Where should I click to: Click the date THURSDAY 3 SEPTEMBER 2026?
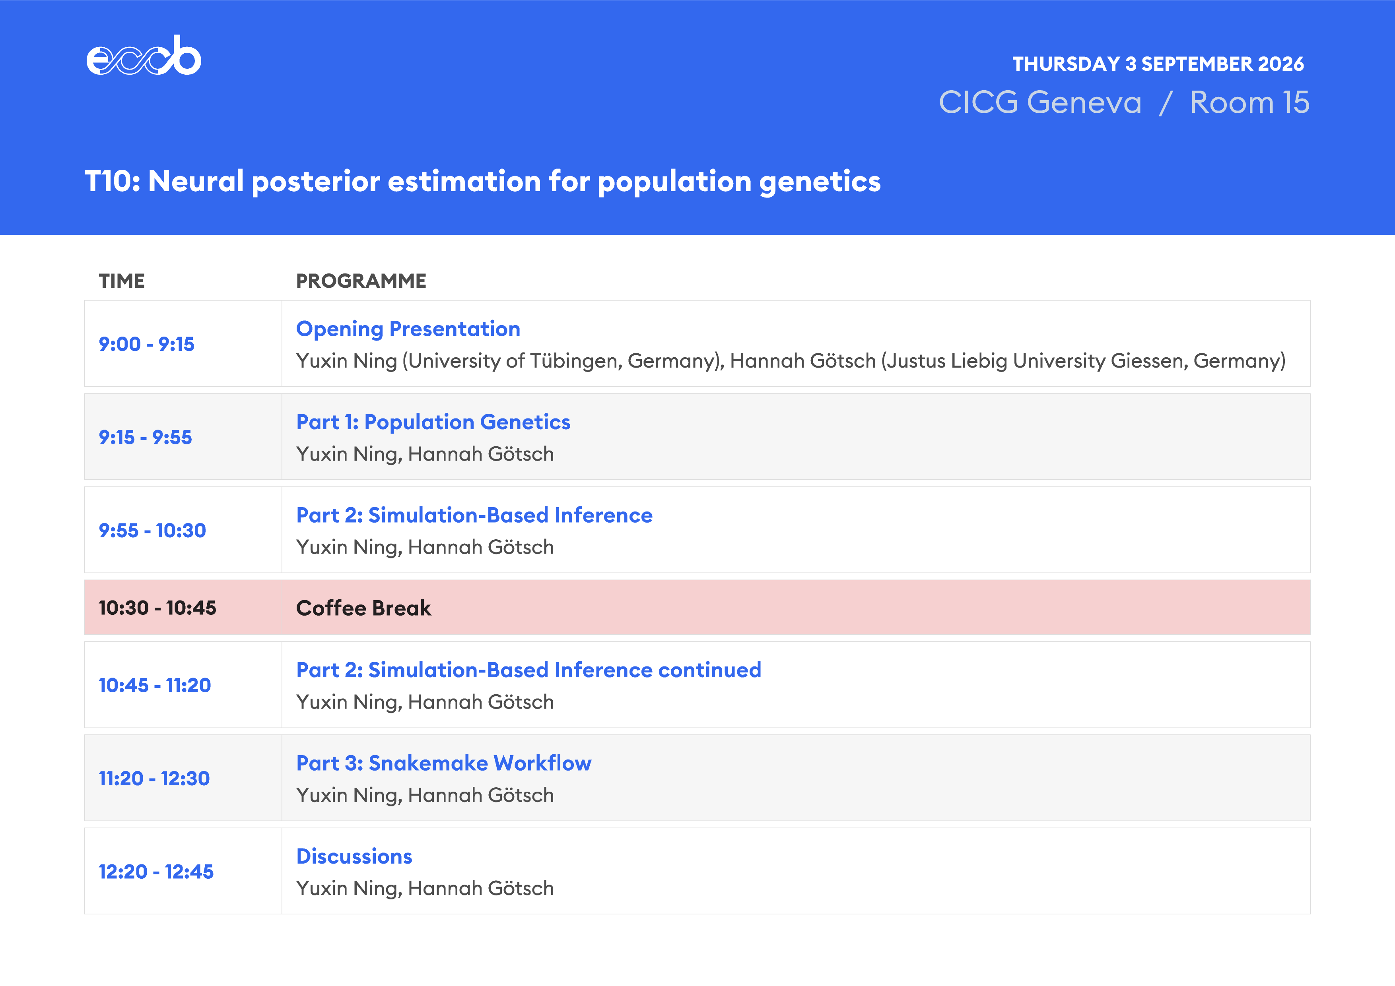point(1158,64)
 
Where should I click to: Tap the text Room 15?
point(1249,102)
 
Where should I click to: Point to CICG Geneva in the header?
point(1040,102)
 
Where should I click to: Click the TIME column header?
point(122,281)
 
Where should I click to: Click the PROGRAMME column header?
point(361,281)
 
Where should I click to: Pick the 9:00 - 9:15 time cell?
point(146,344)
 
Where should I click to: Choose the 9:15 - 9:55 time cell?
point(145,437)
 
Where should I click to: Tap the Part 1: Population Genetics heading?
point(433,422)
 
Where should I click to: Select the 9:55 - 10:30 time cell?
point(152,531)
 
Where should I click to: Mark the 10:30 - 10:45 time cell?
point(157,608)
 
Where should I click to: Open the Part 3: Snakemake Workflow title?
point(443,763)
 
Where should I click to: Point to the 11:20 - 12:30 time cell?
point(154,779)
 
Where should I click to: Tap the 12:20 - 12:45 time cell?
point(156,872)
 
